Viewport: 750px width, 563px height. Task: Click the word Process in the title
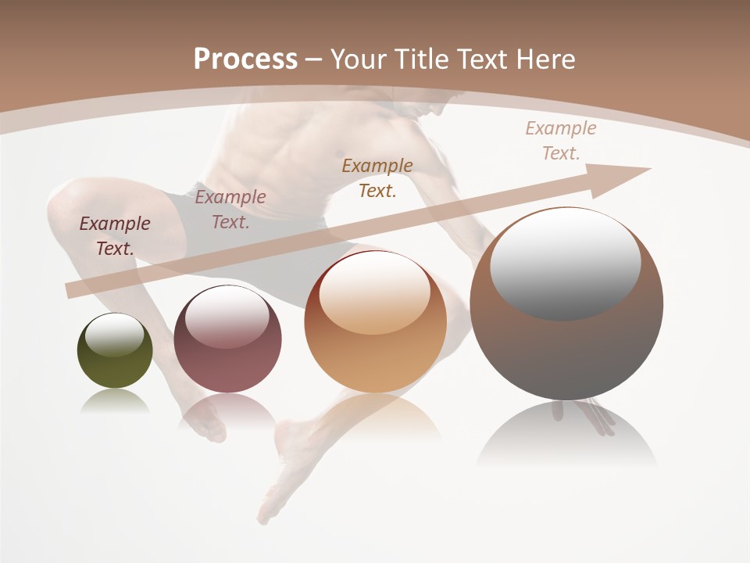pos(245,59)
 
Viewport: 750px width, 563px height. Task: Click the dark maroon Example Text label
pos(115,235)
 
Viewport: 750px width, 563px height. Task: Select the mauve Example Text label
pos(230,209)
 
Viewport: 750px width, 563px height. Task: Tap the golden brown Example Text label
pos(377,178)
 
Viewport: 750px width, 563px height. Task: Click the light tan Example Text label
pos(560,141)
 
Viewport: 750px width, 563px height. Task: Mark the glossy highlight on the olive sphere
pos(115,334)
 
